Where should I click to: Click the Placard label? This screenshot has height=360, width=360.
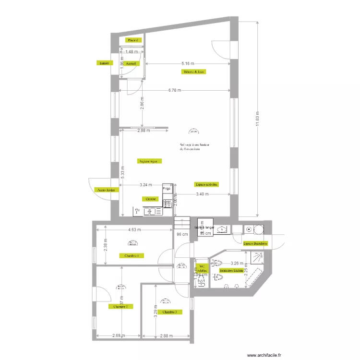pyautogui.click(x=132, y=40)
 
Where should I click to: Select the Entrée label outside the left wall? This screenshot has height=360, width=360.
pyautogui.click(x=103, y=63)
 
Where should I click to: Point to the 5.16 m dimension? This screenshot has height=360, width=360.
pyautogui.click(x=188, y=63)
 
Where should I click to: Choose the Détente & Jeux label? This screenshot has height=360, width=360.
pyautogui.click(x=194, y=72)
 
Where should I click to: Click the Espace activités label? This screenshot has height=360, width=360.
pyautogui.click(x=207, y=184)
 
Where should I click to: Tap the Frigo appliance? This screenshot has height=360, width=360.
pyautogui.click(x=167, y=189)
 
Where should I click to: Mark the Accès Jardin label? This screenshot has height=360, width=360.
pyautogui.click(x=107, y=190)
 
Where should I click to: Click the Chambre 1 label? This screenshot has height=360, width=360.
pyautogui.click(x=132, y=256)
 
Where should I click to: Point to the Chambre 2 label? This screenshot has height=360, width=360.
pyautogui.click(x=120, y=306)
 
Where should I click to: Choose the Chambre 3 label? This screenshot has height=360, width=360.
pyautogui.click(x=169, y=312)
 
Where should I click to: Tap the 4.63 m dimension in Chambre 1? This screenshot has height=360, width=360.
pyautogui.click(x=134, y=229)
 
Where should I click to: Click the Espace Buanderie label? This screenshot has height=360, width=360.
pyautogui.click(x=255, y=244)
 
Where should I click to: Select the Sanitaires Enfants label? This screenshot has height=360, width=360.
pyautogui.click(x=229, y=271)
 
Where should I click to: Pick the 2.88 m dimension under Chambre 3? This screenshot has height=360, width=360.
pyautogui.click(x=167, y=336)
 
